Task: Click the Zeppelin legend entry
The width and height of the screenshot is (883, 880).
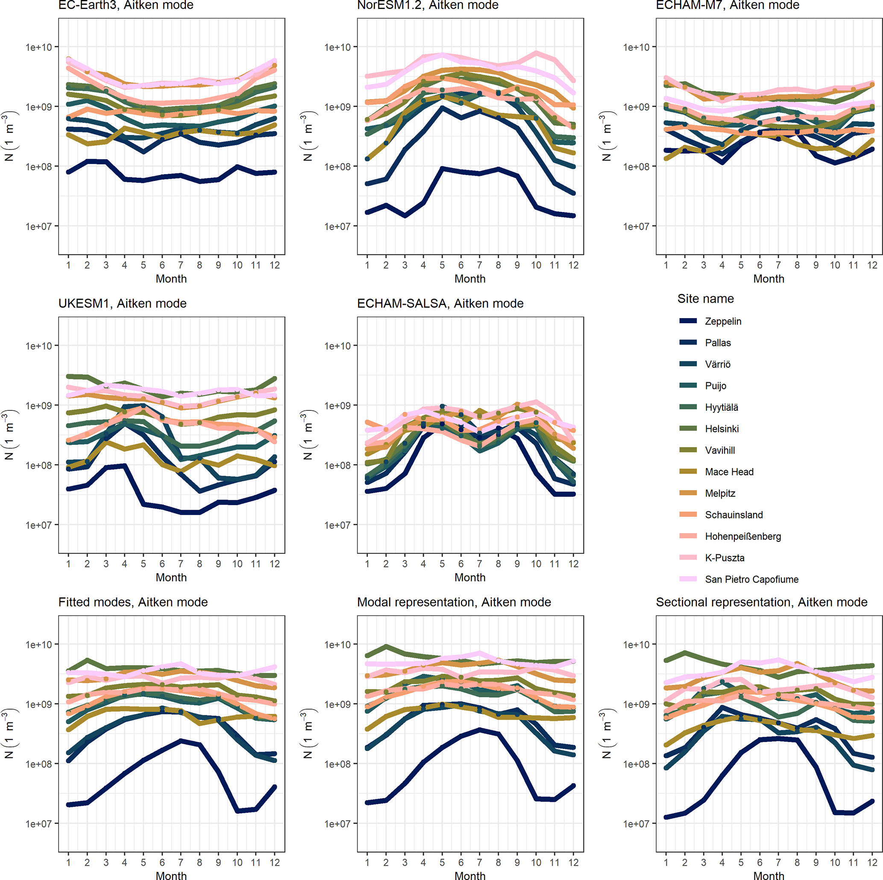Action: click(x=722, y=321)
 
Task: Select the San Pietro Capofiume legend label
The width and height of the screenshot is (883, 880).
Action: click(x=751, y=579)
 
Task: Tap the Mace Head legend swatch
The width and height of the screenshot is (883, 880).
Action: click(x=688, y=471)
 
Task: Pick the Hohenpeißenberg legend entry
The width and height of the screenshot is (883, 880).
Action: click(x=743, y=536)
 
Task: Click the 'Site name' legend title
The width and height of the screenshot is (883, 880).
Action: click(x=705, y=299)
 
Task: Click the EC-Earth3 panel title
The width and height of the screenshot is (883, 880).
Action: click(x=126, y=6)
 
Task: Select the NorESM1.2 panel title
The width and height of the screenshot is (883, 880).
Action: click(x=427, y=6)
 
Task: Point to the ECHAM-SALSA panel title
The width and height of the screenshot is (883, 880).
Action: click(x=440, y=304)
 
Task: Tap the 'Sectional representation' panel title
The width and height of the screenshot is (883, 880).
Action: click(x=761, y=602)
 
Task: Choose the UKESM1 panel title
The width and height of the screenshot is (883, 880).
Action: click(x=123, y=304)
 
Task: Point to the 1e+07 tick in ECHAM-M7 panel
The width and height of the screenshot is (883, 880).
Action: click(x=636, y=227)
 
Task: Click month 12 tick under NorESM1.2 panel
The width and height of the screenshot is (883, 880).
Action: click(x=573, y=265)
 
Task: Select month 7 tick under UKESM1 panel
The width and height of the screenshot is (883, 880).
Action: click(x=181, y=564)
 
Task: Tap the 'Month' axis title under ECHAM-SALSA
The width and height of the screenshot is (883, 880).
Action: click(x=470, y=578)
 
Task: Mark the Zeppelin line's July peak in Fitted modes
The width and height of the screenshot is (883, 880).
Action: click(x=181, y=741)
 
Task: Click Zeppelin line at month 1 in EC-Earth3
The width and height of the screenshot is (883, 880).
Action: click(x=68, y=172)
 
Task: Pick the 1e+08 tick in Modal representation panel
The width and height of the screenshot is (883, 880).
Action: click(x=337, y=764)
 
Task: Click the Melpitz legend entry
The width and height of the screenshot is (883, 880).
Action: click(x=720, y=494)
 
